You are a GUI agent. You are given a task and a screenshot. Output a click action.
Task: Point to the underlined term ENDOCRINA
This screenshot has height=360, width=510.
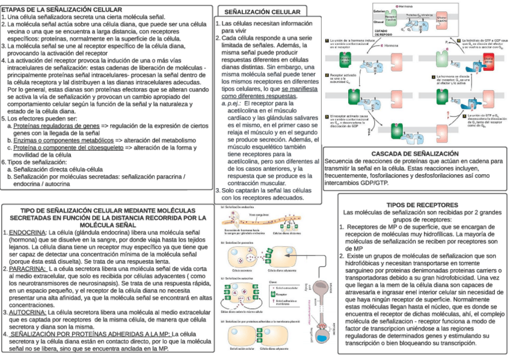25,232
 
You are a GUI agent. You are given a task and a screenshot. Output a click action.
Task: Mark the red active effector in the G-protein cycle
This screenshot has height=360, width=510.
489,59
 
